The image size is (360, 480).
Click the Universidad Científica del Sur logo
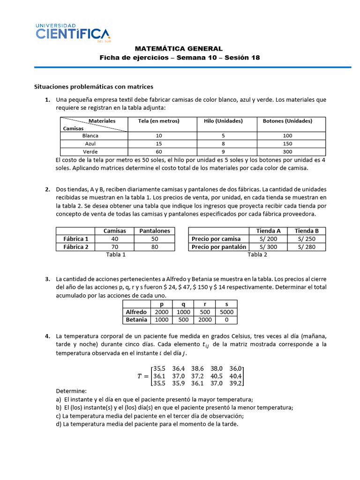point(73,33)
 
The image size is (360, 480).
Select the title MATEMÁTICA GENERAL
point(179,48)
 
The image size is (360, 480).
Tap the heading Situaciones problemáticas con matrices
point(94,87)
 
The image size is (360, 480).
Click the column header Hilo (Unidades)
point(223,121)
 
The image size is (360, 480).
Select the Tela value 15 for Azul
point(158,144)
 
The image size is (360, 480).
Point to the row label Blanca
point(90,135)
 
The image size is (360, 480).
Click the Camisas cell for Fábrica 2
point(114,247)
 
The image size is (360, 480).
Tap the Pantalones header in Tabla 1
point(155,231)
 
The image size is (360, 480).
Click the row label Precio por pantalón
point(219,247)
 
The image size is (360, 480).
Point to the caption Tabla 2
point(257,255)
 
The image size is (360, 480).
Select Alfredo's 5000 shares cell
point(226,312)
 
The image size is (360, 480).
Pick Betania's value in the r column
point(204,320)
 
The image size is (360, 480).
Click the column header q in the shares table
point(183,304)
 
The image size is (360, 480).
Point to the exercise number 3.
point(47,279)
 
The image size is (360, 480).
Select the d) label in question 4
point(59,424)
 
